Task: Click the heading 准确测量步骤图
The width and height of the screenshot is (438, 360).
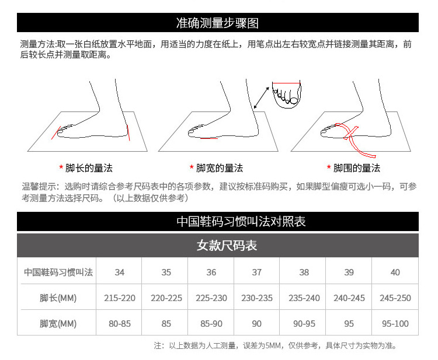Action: click(217, 23)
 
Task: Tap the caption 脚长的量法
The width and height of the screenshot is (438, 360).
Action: click(88, 168)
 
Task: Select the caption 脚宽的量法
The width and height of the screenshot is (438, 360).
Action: click(219, 168)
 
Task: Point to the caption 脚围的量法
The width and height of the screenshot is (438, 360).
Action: click(356, 168)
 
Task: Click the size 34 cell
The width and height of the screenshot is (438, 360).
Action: click(120, 272)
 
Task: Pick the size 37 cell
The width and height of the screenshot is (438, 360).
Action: click(257, 272)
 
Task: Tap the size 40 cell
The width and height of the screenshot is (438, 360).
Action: click(395, 272)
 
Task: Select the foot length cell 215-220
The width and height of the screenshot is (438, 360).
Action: click(120, 298)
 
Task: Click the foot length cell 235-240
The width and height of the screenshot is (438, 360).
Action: click(304, 298)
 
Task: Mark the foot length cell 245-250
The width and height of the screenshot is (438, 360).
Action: click(395, 298)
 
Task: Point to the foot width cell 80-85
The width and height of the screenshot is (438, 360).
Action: click(120, 324)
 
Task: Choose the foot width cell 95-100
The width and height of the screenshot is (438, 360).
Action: click(395, 324)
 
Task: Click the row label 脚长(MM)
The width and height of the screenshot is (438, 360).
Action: click(58, 298)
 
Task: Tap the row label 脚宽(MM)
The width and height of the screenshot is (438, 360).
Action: click(58, 324)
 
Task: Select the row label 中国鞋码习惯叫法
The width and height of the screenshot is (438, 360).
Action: click(58, 272)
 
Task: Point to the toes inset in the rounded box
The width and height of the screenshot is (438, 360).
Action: click(287, 95)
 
